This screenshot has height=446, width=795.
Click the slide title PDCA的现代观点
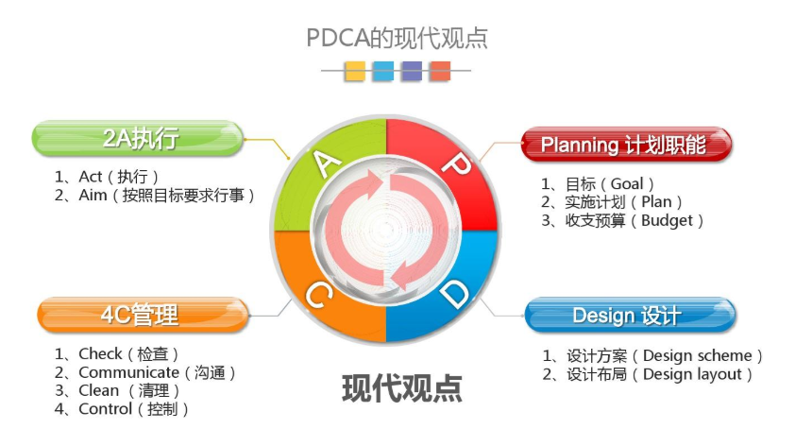pyautogui.click(x=397, y=38)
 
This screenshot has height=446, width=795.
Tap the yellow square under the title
pyautogui.click(x=355, y=71)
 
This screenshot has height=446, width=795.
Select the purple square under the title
pyautogui.click(x=411, y=71)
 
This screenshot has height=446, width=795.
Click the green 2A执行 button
pyautogui.click(x=138, y=138)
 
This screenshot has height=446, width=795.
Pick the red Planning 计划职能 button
pyautogui.click(x=627, y=145)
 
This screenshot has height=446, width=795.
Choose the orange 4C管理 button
pyautogui.click(x=143, y=315)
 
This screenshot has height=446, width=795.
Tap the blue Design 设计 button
pyautogui.click(x=630, y=315)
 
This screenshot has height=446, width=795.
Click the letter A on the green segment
pyautogui.click(x=326, y=163)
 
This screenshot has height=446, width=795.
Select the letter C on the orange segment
pyautogui.click(x=318, y=296)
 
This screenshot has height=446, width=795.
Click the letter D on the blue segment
pyautogui.click(x=454, y=294)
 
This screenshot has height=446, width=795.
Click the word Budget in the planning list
pyautogui.click(x=667, y=221)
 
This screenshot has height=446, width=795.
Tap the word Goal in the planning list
pyautogui.click(x=627, y=183)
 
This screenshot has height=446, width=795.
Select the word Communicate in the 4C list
pyautogui.click(x=128, y=372)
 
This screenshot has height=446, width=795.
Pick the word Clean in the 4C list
pyautogui.click(x=98, y=390)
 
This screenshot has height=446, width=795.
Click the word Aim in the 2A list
pyautogui.click(x=93, y=195)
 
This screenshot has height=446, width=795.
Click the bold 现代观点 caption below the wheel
pyautogui.click(x=402, y=388)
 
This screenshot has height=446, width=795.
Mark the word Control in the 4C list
pyautogui.click(x=105, y=409)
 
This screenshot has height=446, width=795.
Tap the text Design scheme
pyautogui.click(x=697, y=355)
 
